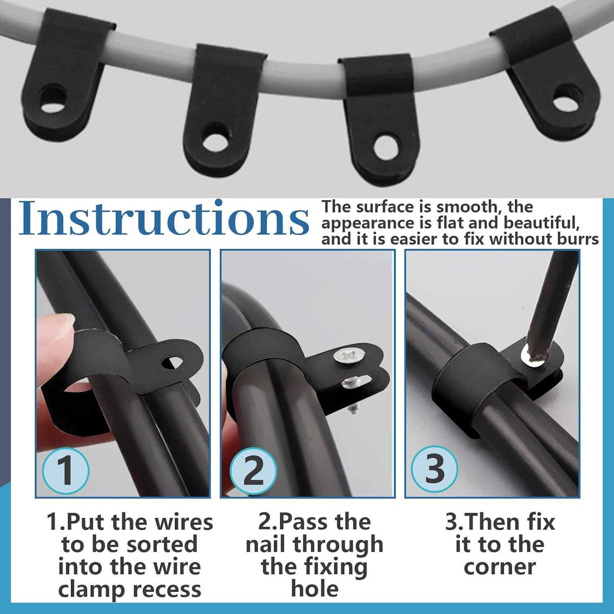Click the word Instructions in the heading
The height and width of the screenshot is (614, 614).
pos(164,218)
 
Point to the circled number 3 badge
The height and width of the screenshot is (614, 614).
pos(434,469)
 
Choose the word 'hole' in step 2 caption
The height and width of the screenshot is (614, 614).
pos(314,589)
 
